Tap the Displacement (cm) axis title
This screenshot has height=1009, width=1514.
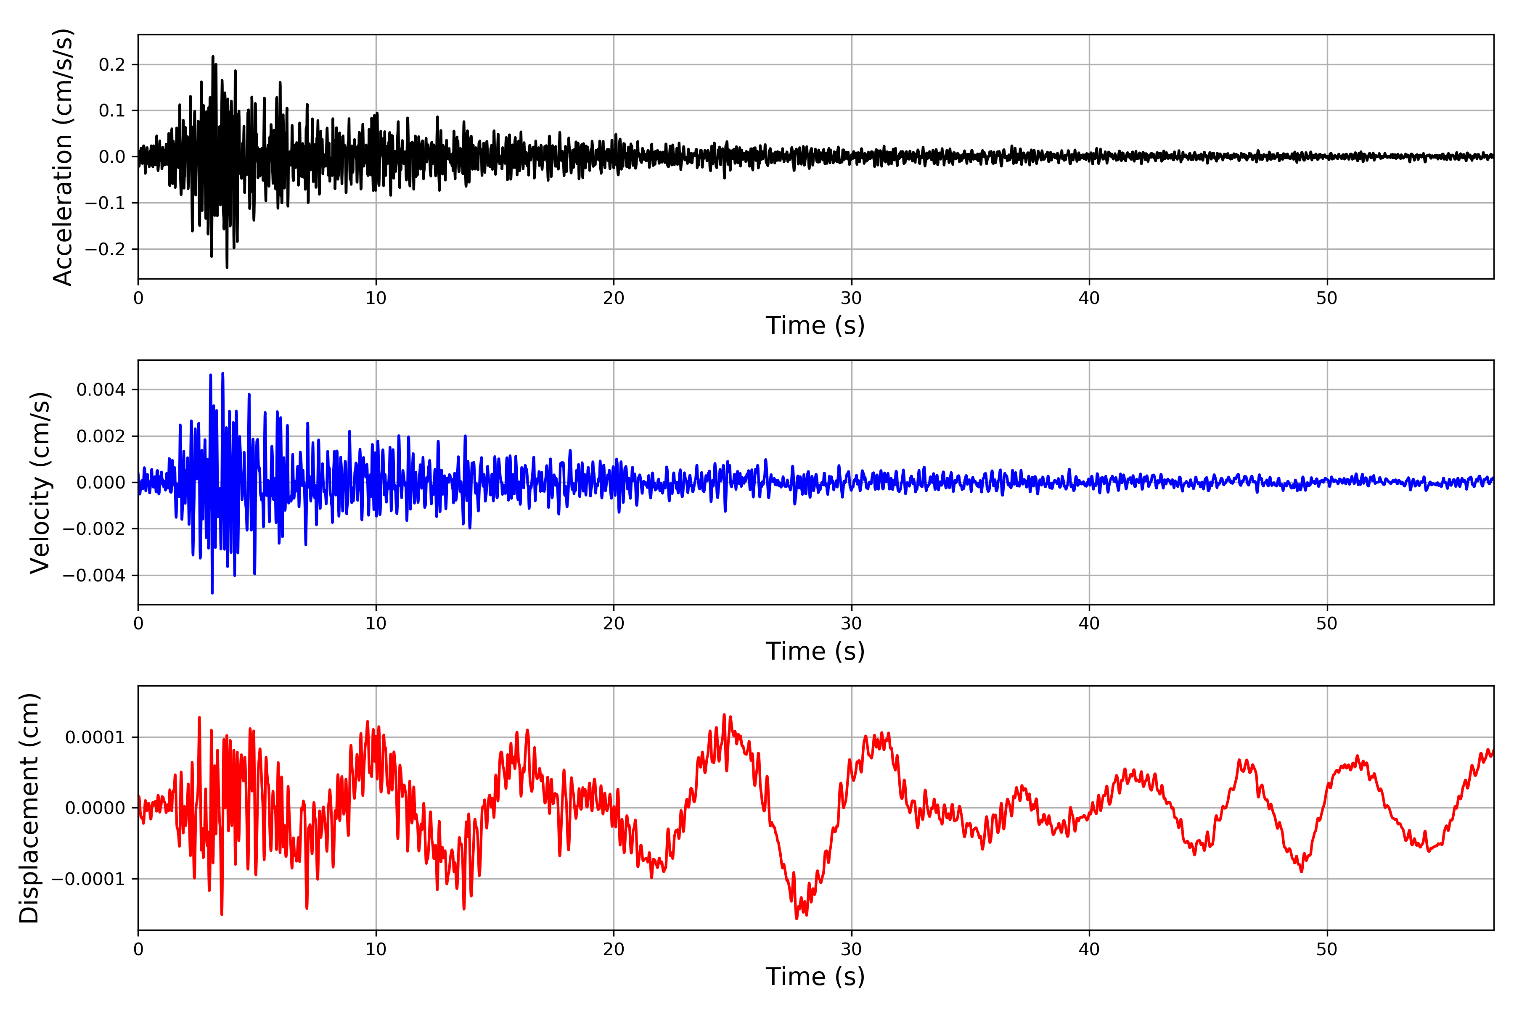pyautogui.click(x=29, y=808)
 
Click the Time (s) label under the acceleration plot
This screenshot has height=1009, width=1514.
pyautogui.click(x=815, y=325)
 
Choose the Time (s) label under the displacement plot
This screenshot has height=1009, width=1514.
pyautogui.click(x=815, y=977)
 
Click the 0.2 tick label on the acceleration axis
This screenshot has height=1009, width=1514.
pyautogui.click(x=113, y=64)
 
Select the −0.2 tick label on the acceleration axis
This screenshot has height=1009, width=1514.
pyautogui.click(x=107, y=249)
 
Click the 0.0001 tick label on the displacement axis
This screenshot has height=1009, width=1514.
pyautogui.click(x=95, y=737)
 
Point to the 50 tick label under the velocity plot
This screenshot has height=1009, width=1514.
pyautogui.click(x=1327, y=623)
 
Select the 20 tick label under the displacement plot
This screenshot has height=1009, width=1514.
pyautogui.click(x=614, y=949)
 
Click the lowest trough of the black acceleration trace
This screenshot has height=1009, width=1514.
pyautogui.click(x=227, y=267)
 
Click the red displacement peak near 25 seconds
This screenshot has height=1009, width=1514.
pyautogui.click(x=724, y=715)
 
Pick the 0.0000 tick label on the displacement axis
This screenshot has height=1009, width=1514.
pyautogui.click(x=95, y=808)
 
